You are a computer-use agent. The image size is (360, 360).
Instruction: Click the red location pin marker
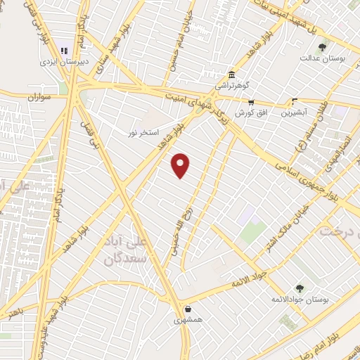tap(181, 165)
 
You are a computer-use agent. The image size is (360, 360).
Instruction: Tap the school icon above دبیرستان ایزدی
tap(65, 51)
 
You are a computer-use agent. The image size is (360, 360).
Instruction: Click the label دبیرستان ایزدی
tap(65, 61)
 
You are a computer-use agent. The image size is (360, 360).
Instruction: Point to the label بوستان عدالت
tap(323, 58)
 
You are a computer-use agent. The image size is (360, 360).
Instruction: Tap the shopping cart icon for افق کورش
tap(251, 102)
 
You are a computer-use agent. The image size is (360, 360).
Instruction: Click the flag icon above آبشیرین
tap(294, 101)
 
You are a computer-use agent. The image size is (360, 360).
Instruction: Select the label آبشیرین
tap(295, 112)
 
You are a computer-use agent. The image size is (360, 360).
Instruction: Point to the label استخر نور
tap(143, 131)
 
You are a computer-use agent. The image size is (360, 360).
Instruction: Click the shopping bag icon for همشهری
tap(188, 309)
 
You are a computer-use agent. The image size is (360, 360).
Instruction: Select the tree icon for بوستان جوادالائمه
tap(300, 288)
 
